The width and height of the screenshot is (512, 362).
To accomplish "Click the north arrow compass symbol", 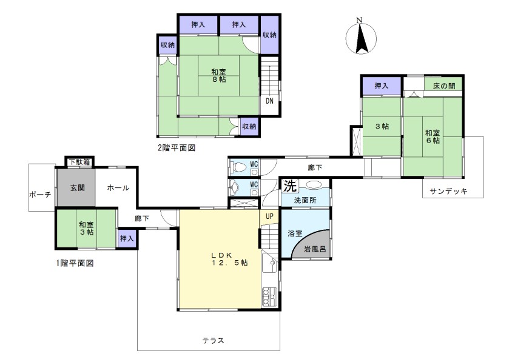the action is click(361, 38).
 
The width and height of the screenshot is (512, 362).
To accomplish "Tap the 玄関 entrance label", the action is click(78, 188).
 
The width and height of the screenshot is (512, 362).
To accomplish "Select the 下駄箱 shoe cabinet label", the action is click(79, 162).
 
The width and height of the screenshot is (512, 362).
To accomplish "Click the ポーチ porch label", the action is click(40, 195).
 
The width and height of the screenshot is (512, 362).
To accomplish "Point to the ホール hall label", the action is click(118, 188).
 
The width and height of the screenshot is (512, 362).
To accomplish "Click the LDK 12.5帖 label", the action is click(229, 259).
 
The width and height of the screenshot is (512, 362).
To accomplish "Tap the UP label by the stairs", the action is click(269, 216).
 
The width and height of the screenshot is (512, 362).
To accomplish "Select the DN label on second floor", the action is click(269, 101).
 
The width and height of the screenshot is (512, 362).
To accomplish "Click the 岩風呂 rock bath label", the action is click(315, 249).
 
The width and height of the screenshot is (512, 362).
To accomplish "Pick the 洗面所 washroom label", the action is click(305, 200).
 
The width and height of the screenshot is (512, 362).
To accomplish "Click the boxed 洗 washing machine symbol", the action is click(290, 186).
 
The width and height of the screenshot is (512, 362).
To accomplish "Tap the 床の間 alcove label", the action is click(444, 86).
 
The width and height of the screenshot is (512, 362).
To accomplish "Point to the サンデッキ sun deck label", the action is click(448, 191).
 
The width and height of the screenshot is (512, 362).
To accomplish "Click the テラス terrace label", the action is click(213, 340).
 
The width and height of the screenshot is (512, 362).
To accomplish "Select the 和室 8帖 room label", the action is click(218, 75).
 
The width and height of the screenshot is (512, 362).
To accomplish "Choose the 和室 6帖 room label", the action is click(433, 137).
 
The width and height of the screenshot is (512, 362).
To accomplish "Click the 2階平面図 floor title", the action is click(177, 148).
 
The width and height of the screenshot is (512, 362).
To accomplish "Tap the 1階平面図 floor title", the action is click(75, 263).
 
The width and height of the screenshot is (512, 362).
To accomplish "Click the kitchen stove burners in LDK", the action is click(269, 297).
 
